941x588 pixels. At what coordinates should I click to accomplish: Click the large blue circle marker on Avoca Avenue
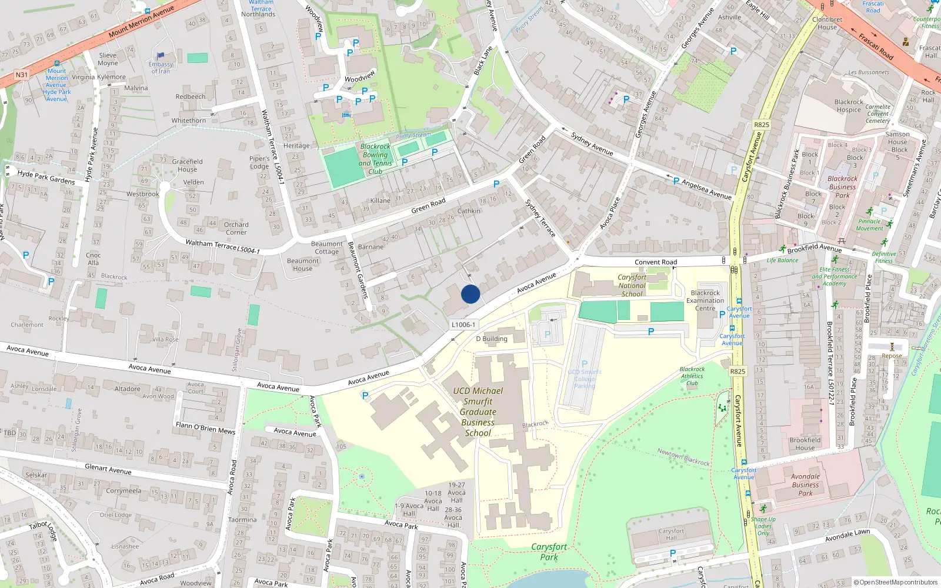point(470,294)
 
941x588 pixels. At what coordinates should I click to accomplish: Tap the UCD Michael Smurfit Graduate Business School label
point(478,412)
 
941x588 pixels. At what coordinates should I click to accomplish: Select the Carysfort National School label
point(632,286)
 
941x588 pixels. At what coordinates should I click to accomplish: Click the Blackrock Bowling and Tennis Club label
point(375,159)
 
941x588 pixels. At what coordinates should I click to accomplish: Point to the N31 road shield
point(21,75)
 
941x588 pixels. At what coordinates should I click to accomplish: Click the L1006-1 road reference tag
point(463,325)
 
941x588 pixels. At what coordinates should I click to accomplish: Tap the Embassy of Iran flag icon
point(160,56)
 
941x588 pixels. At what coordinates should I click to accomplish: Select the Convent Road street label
point(656,262)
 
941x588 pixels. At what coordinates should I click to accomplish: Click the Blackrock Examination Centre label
point(705,300)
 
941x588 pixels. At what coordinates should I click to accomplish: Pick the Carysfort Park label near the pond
point(549,552)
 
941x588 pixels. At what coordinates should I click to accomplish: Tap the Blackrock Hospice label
point(849,106)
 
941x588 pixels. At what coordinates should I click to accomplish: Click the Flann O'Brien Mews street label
point(205,428)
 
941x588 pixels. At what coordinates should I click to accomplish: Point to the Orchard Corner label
point(236,228)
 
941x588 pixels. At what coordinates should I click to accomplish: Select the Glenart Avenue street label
point(108,469)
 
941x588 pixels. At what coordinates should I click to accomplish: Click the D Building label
point(492,339)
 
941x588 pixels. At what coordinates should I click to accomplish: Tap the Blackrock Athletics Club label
point(692,376)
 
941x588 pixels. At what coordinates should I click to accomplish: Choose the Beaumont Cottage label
point(326,248)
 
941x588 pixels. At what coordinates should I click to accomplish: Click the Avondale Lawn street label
point(847,536)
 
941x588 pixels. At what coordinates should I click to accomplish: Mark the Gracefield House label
point(187,165)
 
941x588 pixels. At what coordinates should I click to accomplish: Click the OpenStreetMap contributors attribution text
point(896,582)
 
